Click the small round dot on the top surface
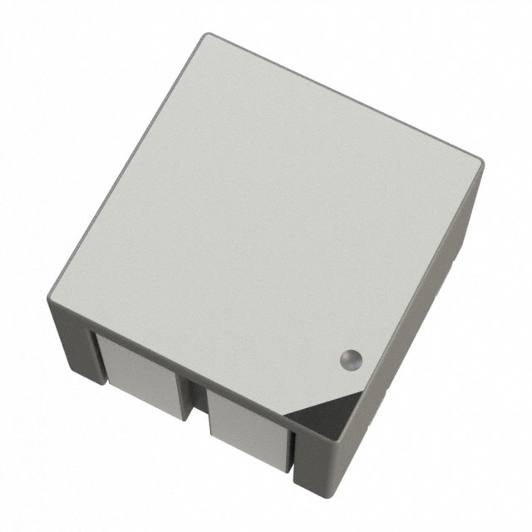(351, 359)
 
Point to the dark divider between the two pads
(195, 395)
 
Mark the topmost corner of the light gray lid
(208, 35)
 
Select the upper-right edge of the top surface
(345, 96)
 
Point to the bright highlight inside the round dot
(353, 357)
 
